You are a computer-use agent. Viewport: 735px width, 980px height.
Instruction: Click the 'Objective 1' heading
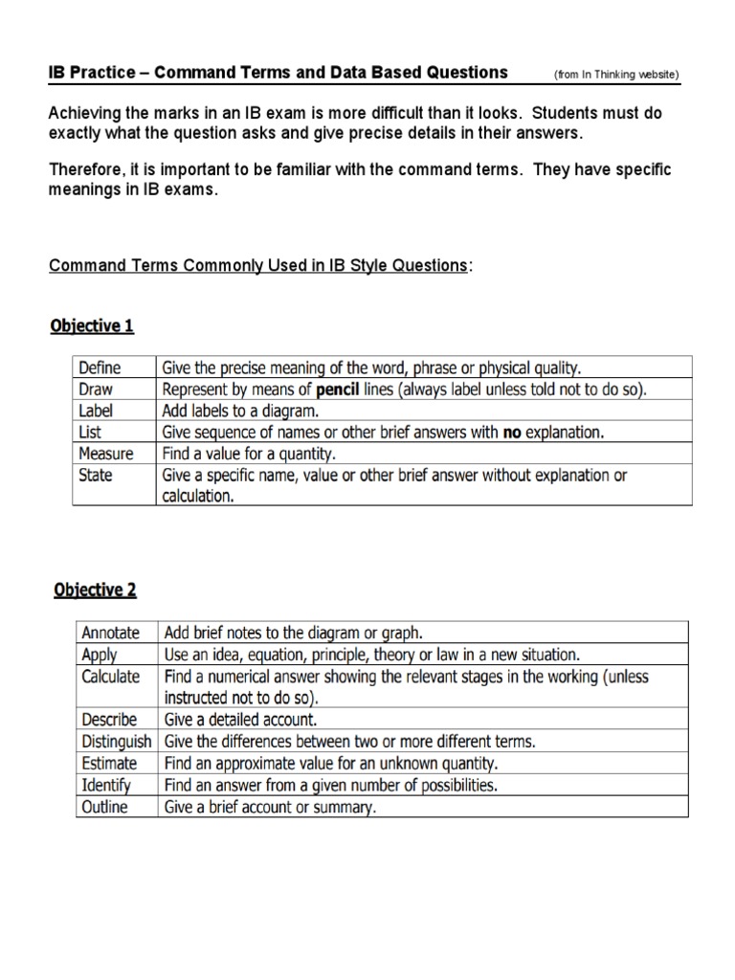coord(92,326)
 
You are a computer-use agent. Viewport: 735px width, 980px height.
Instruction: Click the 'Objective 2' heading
coord(93,590)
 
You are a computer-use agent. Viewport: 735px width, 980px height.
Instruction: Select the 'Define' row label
coord(100,367)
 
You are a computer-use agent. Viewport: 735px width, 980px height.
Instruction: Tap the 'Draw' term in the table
coord(97,389)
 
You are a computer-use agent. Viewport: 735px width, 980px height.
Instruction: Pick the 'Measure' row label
coord(106,454)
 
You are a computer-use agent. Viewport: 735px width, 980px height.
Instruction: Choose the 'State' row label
coord(97,476)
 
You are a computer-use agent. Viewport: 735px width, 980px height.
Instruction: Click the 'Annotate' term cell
coord(111,633)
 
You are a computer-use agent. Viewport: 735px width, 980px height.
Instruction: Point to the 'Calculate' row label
coord(111,677)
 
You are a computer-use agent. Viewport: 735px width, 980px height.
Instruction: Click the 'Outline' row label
coord(105,807)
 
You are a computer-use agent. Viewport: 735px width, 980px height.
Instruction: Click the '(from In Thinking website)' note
coord(616,75)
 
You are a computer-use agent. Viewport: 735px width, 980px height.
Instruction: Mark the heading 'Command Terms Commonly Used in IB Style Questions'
coord(258,265)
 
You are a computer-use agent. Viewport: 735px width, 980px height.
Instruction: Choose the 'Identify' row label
coord(106,786)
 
